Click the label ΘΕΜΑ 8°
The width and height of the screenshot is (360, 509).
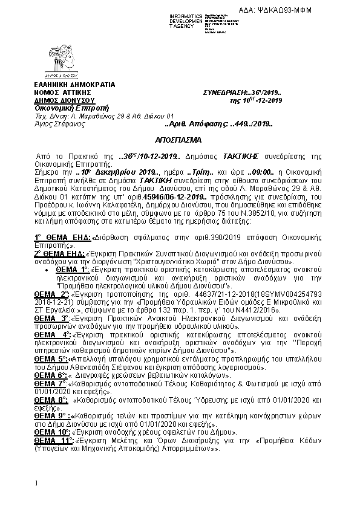click(51, 399)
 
